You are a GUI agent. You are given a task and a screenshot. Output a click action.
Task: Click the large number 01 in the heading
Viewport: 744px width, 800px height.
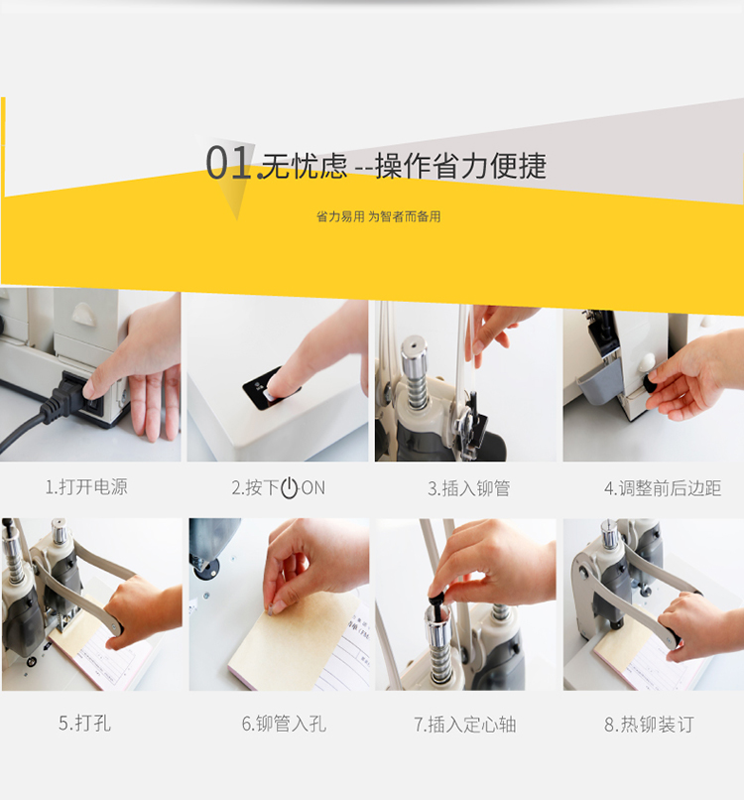228,162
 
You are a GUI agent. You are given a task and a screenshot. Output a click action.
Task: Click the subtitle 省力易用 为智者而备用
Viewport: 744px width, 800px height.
378,216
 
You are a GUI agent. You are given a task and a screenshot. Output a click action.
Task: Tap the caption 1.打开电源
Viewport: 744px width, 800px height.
86,486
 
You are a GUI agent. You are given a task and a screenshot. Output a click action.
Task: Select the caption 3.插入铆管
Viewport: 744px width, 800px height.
468,488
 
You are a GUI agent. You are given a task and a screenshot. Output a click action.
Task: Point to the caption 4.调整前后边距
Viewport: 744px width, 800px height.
663,488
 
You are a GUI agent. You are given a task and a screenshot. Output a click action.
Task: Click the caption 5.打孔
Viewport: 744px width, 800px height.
84,723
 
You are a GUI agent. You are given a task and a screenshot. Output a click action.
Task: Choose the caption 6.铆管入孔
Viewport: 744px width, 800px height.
284,724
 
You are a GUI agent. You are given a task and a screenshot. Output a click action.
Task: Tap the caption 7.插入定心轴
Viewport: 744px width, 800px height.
465,724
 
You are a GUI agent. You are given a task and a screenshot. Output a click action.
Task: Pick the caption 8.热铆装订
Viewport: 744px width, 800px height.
649,724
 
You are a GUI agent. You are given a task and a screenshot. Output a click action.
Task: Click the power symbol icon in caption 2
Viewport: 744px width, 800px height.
289,488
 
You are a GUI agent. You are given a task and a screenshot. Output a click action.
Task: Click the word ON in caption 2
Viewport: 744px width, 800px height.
313,488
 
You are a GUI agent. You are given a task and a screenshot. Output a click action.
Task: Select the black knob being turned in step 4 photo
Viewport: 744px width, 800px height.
651,382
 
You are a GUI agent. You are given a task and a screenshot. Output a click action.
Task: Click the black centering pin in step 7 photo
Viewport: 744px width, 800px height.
437,604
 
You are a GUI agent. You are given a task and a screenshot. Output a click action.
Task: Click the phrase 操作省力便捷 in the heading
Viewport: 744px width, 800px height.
461,166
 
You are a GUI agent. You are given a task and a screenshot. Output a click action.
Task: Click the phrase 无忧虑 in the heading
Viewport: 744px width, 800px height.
304,166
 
